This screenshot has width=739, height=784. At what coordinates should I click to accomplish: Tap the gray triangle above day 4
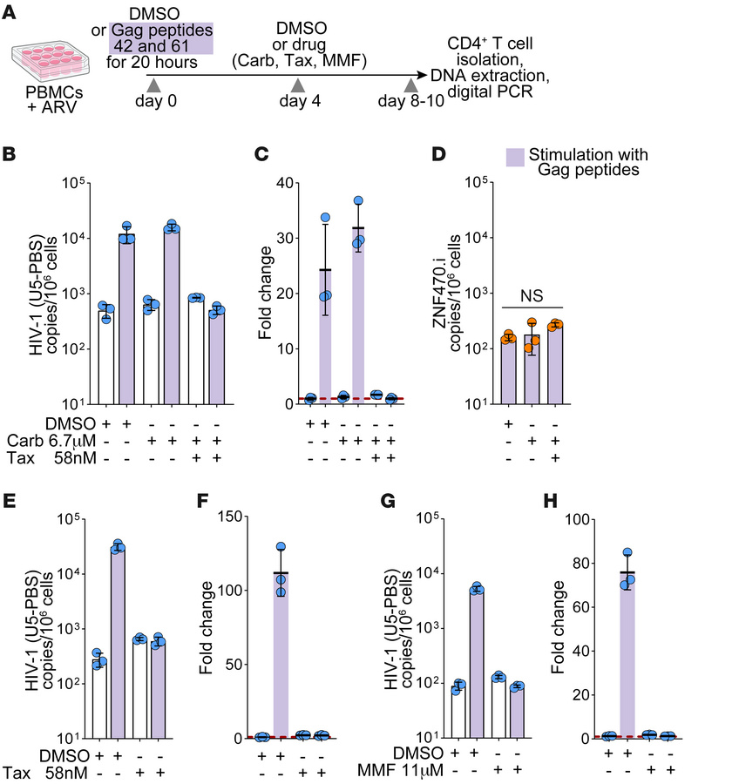click(297, 84)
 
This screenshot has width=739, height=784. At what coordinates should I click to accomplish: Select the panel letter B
click(10, 155)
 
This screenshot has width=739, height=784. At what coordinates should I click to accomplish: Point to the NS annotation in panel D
click(532, 297)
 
